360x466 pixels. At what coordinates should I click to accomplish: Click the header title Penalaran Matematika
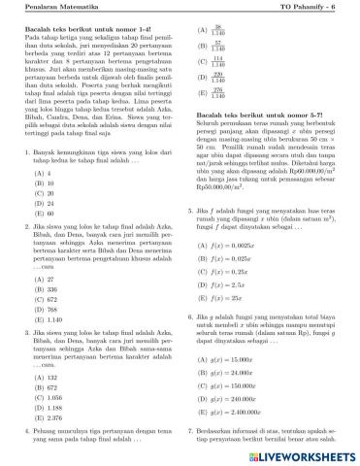(x=57, y=9)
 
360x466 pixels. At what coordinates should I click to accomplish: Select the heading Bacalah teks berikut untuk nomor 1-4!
(x=82, y=29)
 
